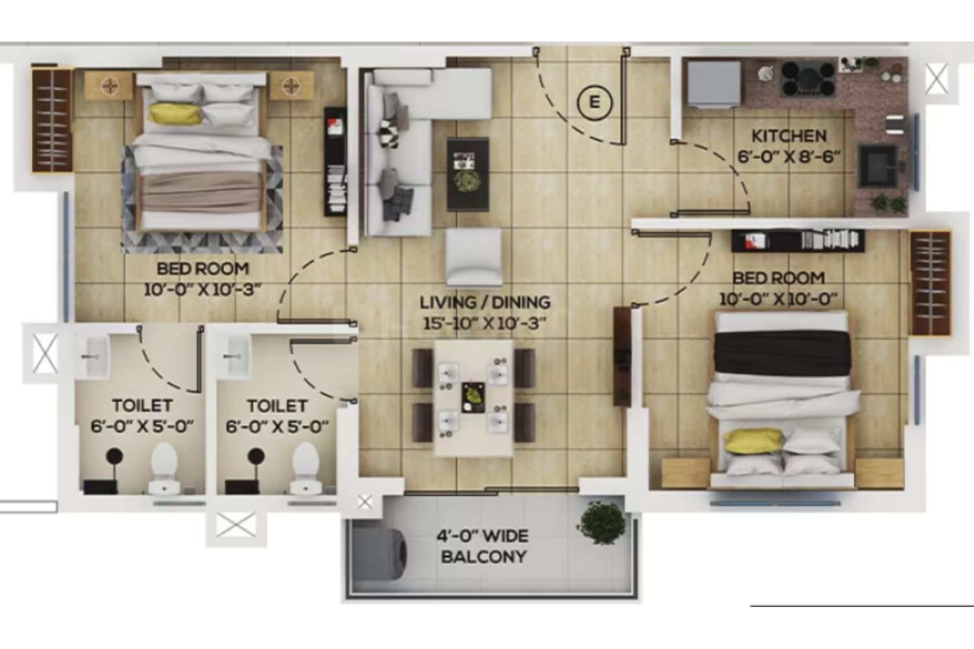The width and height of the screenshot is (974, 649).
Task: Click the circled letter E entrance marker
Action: pyautogui.click(x=594, y=103)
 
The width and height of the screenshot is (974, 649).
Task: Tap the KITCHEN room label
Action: pyautogui.click(x=789, y=136)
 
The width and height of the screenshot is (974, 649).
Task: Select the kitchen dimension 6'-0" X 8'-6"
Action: pyautogui.click(x=789, y=156)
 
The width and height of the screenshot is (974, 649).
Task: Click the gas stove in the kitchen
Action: pyautogui.click(x=808, y=79)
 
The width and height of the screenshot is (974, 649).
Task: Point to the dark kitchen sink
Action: pyautogui.click(x=877, y=165)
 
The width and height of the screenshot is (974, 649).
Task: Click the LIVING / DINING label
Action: pyautogui.click(x=485, y=302)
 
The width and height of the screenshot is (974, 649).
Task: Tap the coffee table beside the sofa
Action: pyautogui.click(x=468, y=175)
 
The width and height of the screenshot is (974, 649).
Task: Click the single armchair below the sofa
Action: pyautogui.click(x=473, y=258)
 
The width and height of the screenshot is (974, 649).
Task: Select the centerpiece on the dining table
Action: pyautogui.click(x=473, y=397)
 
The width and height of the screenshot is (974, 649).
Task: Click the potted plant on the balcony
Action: pyautogui.click(x=601, y=522)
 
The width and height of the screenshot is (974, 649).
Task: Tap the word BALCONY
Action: pyautogui.click(x=484, y=557)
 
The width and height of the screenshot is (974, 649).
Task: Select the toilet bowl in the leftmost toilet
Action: pyautogui.click(x=164, y=468)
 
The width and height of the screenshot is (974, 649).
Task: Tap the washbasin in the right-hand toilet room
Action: pyautogui.click(x=236, y=357)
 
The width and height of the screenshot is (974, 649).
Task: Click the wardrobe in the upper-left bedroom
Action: pyautogui.click(x=53, y=121)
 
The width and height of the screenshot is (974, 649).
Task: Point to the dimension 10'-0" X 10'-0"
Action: pyautogui.click(x=779, y=299)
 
